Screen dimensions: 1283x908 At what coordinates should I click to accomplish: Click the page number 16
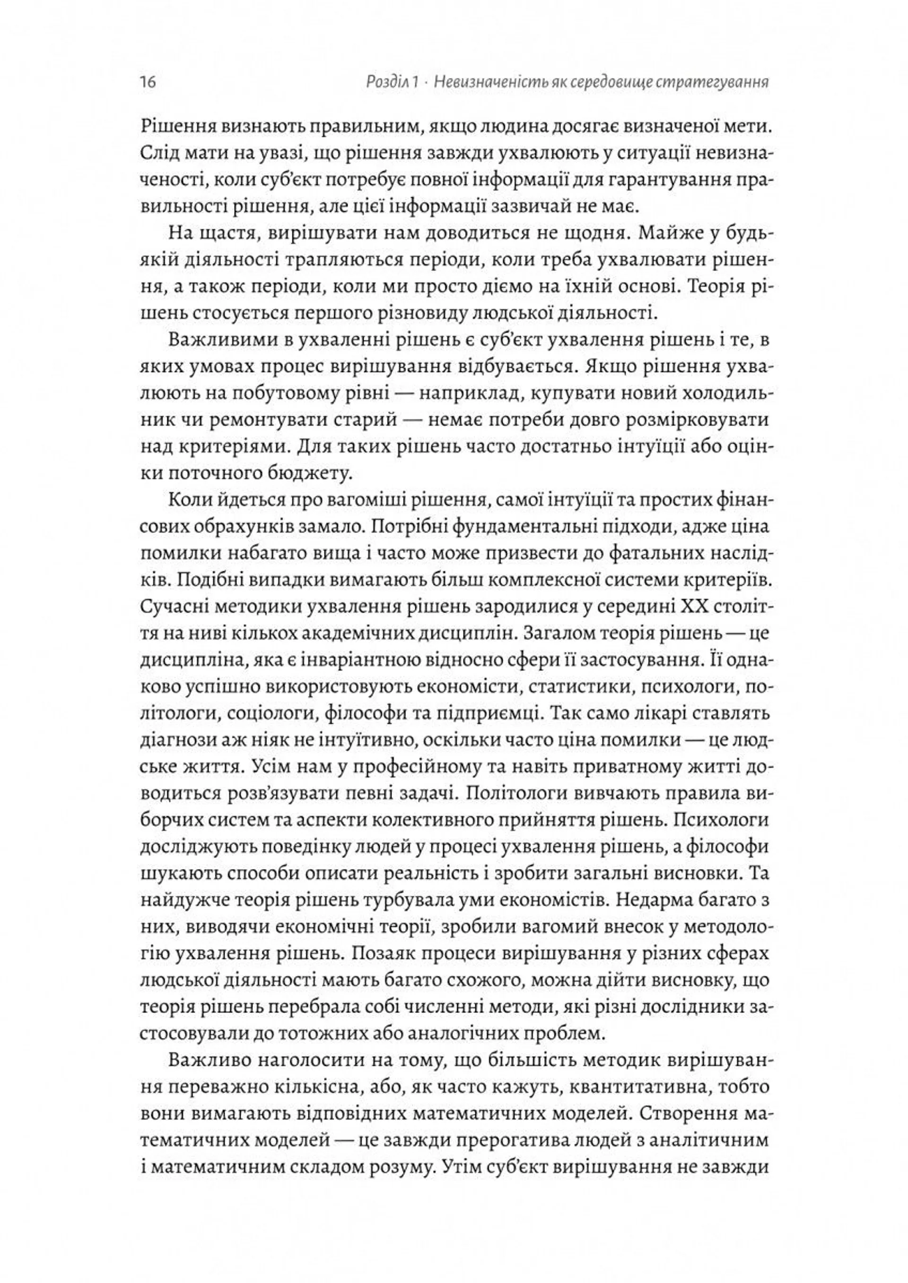click(148, 83)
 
